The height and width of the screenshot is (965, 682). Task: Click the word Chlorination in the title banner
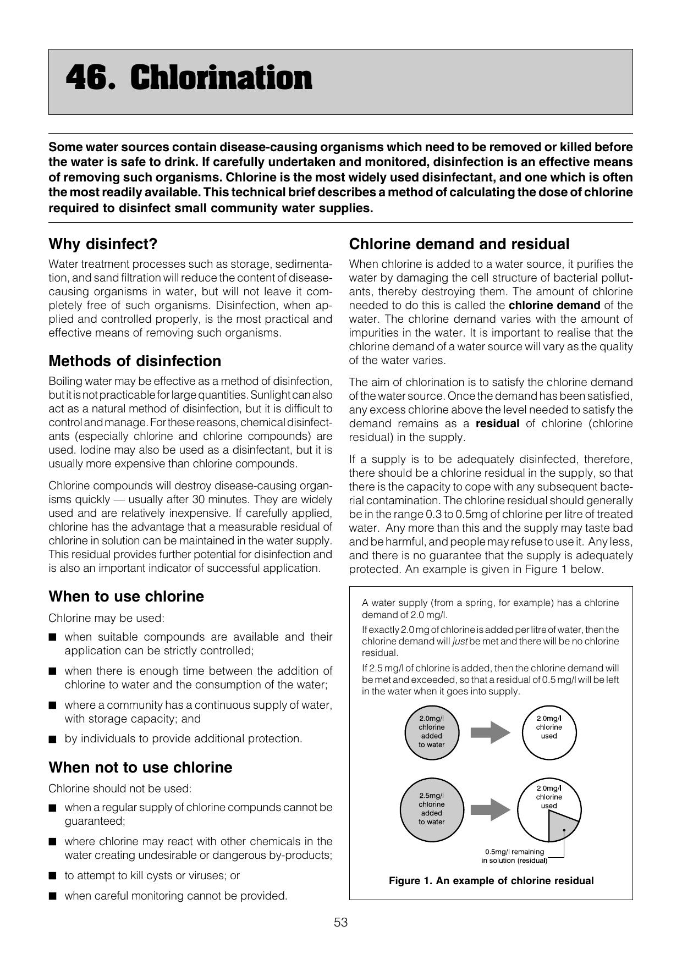coord(221,78)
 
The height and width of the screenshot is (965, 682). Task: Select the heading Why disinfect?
coord(103,244)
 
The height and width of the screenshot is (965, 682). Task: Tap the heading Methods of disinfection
coord(135,361)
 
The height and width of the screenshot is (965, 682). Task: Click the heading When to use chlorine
coord(126,597)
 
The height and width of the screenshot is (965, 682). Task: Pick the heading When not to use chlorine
coord(140,768)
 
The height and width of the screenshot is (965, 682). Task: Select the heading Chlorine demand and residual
coord(459,244)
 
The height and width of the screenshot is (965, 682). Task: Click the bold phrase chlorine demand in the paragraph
coord(554,305)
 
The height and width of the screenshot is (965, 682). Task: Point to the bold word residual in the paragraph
coord(497,424)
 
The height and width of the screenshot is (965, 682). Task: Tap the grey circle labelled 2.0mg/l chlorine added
coord(432,732)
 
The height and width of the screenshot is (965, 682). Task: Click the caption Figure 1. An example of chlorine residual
coord(491,881)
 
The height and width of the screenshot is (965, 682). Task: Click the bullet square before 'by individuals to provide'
coord(52,739)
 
